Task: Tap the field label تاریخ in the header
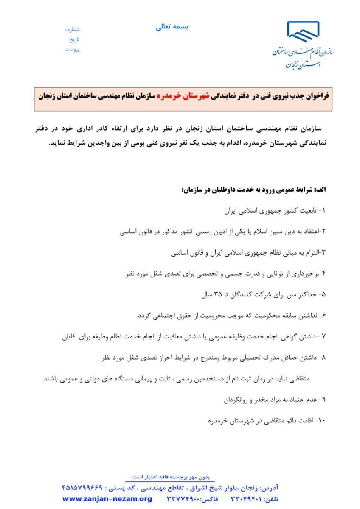[x=73, y=39]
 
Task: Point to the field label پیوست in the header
[x=73, y=50]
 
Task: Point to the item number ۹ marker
[x=321, y=400]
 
